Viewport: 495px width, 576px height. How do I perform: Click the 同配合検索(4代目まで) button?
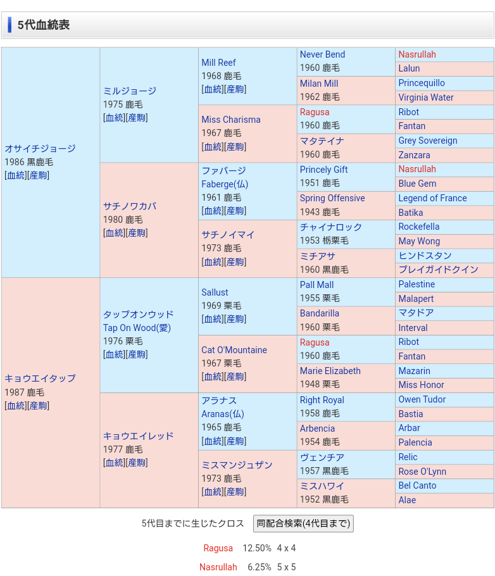tap(303, 523)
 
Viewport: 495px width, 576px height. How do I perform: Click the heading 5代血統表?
tap(44, 25)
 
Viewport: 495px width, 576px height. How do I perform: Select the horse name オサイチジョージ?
tap(40, 148)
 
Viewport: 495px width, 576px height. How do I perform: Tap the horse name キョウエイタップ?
tap(40, 378)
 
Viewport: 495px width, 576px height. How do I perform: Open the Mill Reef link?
tap(218, 62)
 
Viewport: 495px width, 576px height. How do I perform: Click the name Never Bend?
tap(322, 54)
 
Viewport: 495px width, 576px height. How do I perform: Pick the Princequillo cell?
tap(422, 83)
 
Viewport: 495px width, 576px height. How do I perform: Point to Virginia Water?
tap(426, 97)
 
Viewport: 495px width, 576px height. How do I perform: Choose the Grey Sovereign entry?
tap(427, 141)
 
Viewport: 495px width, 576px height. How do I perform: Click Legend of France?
tap(432, 198)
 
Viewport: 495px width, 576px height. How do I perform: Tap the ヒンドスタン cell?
tap(425, 256)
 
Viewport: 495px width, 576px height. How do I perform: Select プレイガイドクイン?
tap(438, 270)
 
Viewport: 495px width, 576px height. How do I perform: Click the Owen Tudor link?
tap(422, 399)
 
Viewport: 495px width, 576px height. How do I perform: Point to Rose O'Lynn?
tap(422, 472)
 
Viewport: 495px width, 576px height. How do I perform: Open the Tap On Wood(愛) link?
tap(137, 328)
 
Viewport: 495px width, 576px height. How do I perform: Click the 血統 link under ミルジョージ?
tap(115, 118)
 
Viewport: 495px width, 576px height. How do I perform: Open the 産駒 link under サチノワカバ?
tap(137, 233)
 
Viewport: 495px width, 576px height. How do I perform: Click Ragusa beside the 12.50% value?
tap(218, 548)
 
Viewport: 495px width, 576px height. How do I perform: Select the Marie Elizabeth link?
tap(330, 371)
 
